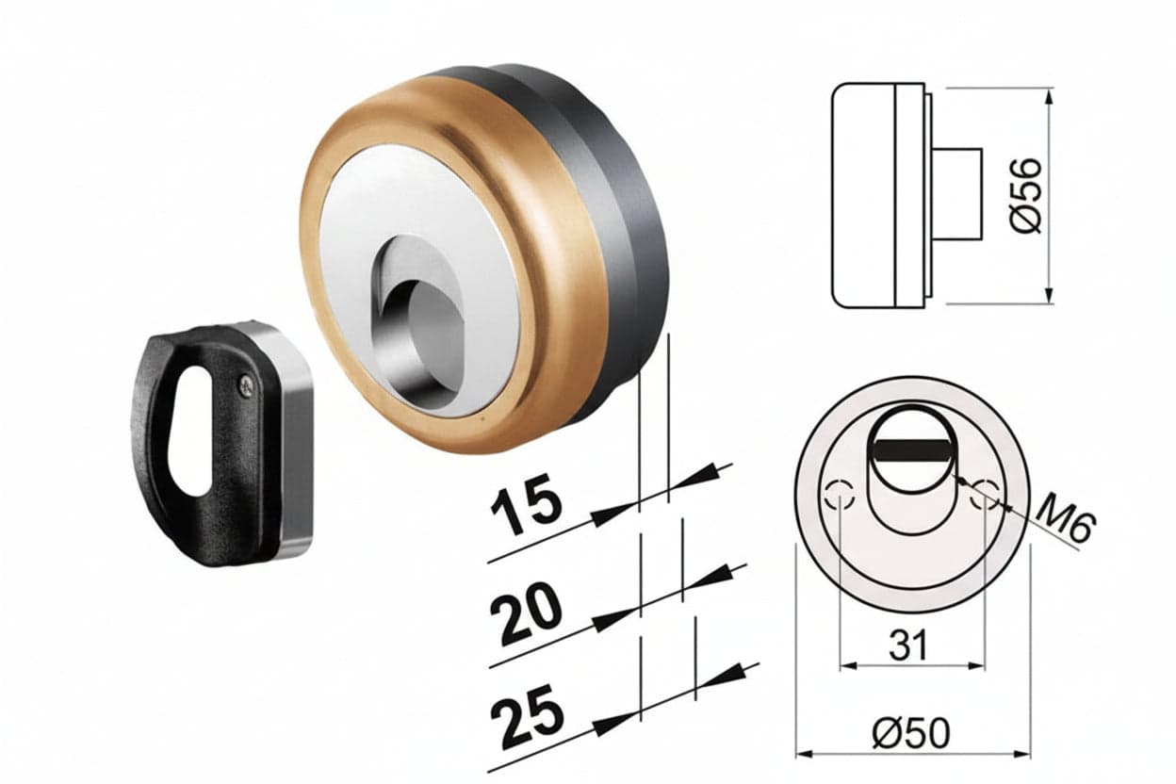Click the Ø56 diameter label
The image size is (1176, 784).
click(x=1024, y=195)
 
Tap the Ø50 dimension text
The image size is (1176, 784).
click(x=911, y=733)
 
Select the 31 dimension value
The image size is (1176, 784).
click(x=908, y=645)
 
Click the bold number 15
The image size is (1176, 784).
click(x=526, y=504)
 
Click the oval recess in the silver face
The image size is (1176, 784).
click(x=417, y=321)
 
